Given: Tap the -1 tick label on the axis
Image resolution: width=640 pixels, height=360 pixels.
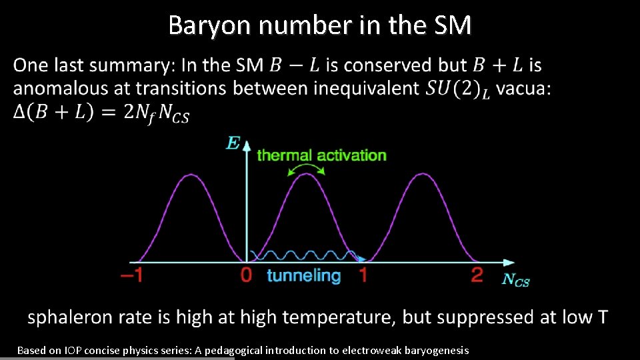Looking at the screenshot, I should (x=131, y=275).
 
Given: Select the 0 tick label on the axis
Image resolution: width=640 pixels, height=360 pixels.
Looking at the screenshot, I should (x=246, y=275).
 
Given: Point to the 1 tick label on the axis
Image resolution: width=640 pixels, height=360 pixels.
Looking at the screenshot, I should (x=363, y=275).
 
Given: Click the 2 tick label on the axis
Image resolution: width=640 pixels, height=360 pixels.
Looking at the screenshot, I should (x=477, y=275).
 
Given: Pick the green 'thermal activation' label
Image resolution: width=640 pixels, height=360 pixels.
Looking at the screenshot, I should (x=321, y=155).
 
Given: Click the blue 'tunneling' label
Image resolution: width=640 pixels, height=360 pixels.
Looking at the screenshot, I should (x=303, y=275).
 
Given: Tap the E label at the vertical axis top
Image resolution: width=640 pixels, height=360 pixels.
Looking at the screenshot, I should (x=233, y=143).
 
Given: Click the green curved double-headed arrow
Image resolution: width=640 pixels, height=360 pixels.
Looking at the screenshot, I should (x=305, y=169).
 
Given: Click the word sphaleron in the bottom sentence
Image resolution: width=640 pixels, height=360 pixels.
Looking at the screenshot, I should (x=68, y=317).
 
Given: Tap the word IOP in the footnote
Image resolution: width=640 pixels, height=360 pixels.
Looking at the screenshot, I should (x=74, y=350).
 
